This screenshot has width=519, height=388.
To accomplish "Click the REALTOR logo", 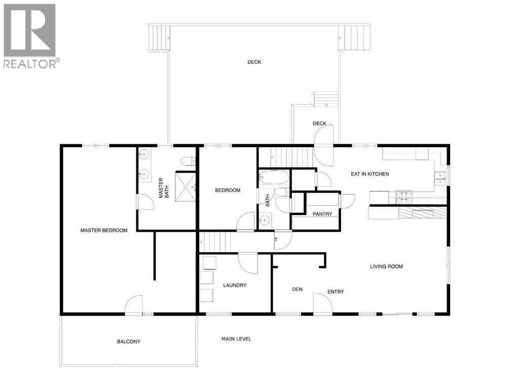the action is (x=30, y=36).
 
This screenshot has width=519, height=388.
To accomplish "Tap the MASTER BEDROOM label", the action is (x=104, y=230).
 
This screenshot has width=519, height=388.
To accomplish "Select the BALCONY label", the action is (x=128, y=341).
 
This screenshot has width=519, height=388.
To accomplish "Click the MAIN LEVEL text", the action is (x=236, y=339).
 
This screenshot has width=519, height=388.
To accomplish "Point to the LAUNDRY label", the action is (x=235, y=285).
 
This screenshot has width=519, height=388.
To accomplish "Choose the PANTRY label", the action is (x=322, y=214).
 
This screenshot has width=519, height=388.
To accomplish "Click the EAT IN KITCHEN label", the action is (x=369, y=174).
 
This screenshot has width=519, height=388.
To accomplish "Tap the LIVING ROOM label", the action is (x=386, y=267).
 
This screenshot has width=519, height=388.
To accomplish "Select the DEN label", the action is (x=297, y=289).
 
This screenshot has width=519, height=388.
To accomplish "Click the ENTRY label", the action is (x=336, y=291).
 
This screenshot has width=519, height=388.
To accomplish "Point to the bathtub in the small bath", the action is (x=274, y=177).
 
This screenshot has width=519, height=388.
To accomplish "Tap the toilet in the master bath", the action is (x=188, y=161).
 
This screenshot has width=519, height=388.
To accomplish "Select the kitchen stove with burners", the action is (x=404, y=196).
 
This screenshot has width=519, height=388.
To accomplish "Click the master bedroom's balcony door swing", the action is (x=134, y=304).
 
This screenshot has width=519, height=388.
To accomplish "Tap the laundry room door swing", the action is (x=248, y=263).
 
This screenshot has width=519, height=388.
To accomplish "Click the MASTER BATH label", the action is (x=164, y=188).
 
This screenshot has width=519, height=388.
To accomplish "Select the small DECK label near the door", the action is (x=319, y=123).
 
